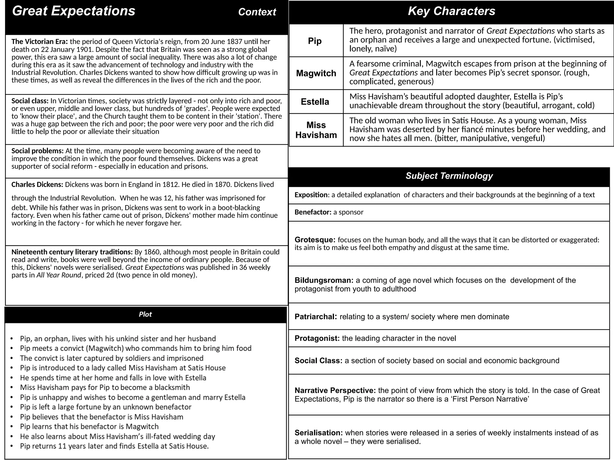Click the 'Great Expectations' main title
coord(73,11)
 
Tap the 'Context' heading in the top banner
coord(257,12)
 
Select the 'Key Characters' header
coord(451,11)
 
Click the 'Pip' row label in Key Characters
coord(315,41)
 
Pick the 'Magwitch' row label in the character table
coord(316,73)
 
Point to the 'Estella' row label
coord(315,102)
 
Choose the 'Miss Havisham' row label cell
coord(316,130)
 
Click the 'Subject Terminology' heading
coord(449,176)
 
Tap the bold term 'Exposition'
coord(311,195)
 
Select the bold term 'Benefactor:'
coord(313,212)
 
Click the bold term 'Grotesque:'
coord(315,240)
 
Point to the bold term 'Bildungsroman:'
coord(324,280)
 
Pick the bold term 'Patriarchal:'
coord(316,317)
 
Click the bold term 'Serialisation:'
coord(318,433)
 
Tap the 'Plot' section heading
coord(145,314)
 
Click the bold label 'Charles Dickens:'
coord(37,184)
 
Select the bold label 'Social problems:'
coord(37,151)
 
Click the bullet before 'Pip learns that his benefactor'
coord(11,427)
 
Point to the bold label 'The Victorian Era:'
coord(40,42)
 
